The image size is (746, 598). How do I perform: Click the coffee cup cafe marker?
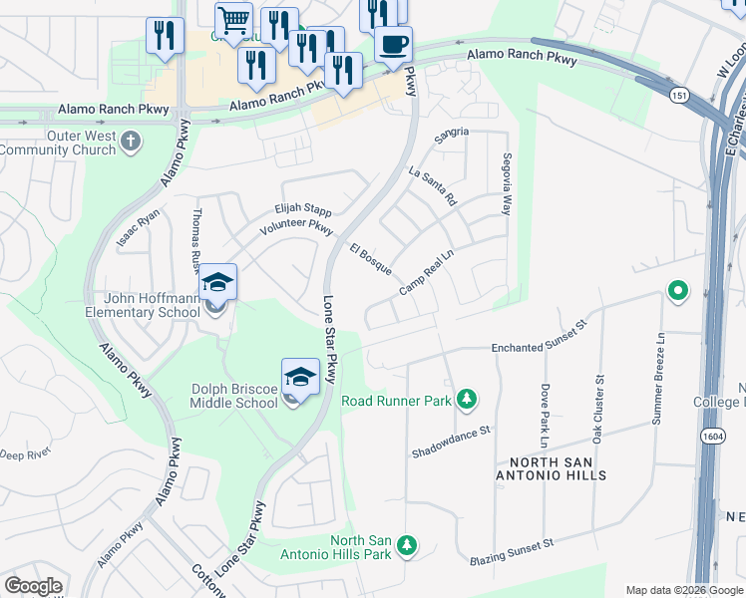393,45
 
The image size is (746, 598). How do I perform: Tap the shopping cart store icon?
233,19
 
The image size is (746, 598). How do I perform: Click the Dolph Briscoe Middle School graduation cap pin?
300,378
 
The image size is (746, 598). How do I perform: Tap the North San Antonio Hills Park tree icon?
406,546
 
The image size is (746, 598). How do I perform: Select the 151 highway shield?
678,94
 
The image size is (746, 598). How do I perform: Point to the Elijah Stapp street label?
303,210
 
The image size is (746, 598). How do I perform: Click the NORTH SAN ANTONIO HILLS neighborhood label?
558,468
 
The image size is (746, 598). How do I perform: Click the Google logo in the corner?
34,586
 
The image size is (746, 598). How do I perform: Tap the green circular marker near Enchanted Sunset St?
678,292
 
